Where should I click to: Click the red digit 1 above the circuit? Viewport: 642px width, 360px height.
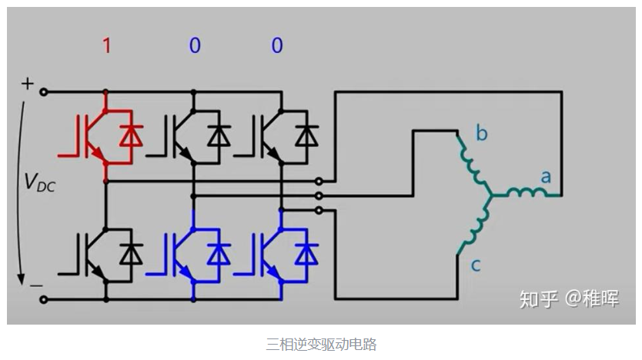[x=106, y=46]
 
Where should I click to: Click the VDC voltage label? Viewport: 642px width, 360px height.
[x=39, y=182]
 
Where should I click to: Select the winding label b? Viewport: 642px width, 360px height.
[x=482, y=135]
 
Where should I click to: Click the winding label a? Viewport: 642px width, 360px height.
[x=546, y=177]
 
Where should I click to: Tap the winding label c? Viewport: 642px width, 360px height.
[x=476, y=265]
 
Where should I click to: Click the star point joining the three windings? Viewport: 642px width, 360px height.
[x=490, y=195]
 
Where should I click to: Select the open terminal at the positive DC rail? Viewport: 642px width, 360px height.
[x=44, y=92]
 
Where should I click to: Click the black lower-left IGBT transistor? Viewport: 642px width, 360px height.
[x=88, y=255]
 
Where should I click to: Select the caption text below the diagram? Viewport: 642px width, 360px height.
[x=321, y=344]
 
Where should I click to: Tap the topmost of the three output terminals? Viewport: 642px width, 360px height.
[x=319, y=182]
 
